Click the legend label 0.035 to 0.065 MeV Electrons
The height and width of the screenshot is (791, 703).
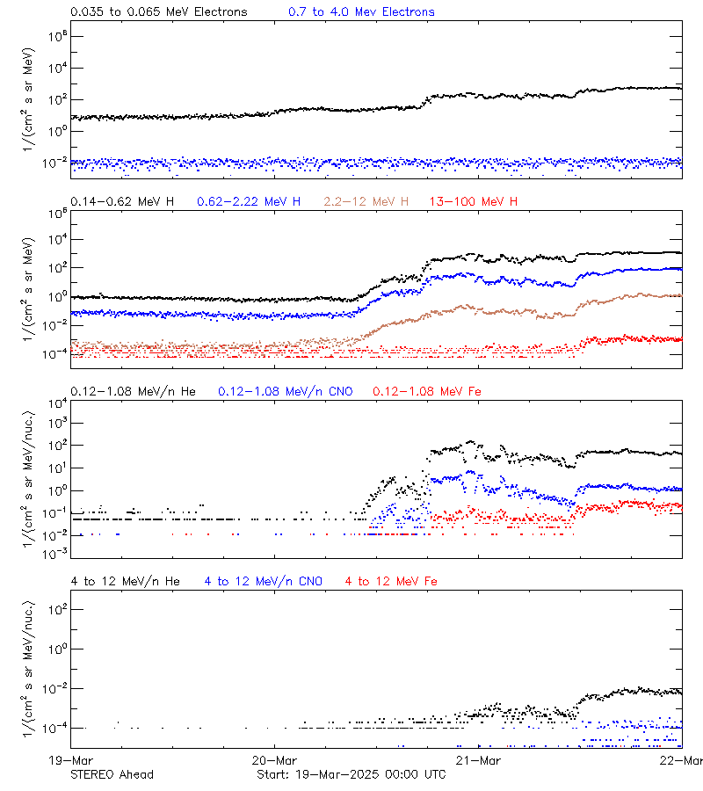[158, 12]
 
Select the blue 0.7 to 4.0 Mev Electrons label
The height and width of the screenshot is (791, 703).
[361, 12]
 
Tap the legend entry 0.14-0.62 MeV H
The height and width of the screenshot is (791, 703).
[122, 202]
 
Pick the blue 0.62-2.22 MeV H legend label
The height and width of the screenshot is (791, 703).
[249, 202]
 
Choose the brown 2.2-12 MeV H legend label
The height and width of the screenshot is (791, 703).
[366, 202]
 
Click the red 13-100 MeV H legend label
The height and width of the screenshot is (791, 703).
[474, 202]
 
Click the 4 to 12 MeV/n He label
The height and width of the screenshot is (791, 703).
[125, 581]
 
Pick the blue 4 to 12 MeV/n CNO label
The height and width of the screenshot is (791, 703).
[263, 581]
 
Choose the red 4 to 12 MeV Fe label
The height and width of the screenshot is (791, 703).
[391, 581]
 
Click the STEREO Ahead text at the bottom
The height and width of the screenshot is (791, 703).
[112, 774]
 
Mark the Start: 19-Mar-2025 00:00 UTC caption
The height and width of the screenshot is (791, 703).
[351, 774]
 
